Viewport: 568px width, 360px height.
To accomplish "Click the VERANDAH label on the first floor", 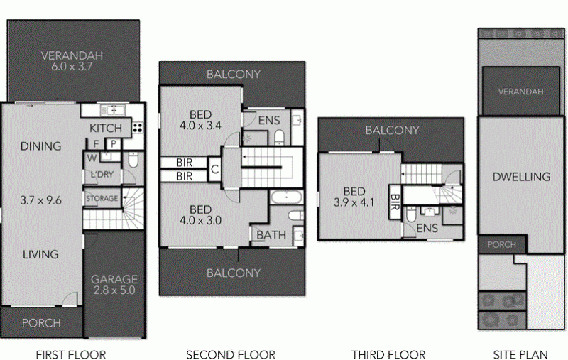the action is tap(72, 55).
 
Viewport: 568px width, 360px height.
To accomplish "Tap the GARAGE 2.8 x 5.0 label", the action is tap(114, 284).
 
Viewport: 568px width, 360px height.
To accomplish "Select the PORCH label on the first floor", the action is tap(41, 322).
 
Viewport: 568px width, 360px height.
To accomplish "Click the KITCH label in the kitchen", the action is tap(105, 129).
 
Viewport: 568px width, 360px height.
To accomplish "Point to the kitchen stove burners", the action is tap(138, 128).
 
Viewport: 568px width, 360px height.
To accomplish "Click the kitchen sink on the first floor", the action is tap(113, 110).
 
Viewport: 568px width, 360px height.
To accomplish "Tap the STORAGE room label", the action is tap(102, 198).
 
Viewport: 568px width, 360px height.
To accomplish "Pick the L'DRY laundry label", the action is tap(102, 174).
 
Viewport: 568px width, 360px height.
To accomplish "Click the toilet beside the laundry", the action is tap(133, 160).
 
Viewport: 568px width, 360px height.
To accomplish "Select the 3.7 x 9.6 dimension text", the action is tap(41, 200).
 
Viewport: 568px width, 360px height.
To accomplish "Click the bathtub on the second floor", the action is tap(286, 197).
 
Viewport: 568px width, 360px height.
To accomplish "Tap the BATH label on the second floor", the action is tap(271, 235).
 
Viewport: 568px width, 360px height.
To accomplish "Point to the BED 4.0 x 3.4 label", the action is tap(200, 120).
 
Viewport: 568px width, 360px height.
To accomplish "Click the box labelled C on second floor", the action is tap(214, 169).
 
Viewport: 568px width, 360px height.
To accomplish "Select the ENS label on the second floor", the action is tap(269, 120).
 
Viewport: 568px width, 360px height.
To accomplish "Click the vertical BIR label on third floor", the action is tap(395, 202).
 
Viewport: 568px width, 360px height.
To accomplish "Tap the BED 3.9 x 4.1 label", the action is tap(354, 197).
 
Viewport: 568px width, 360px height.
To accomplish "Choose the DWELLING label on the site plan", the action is tap(521, 177).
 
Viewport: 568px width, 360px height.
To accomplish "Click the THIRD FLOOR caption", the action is tap(388, 354).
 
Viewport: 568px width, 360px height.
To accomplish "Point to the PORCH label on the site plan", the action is tap(502, 244).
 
